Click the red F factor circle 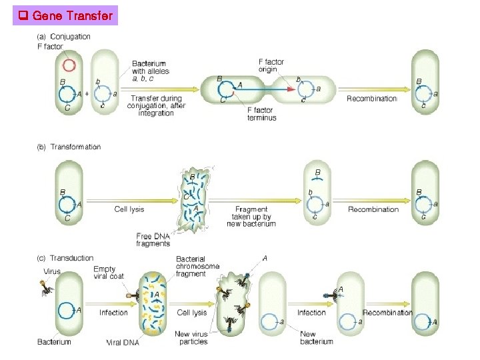pyautogui.click(x=69, y=65)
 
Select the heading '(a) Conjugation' pyautogui.click(x=64, y=37)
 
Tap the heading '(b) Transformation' pyautogui.click(x=69, y=147)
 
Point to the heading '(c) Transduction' pyautogui.click(x=65, y=258)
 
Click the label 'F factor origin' pyautogui.click(x=271, y=66)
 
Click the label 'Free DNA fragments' pyautogui.click(x=153, y=240)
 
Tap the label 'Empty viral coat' pyautogui.click(x=108, y=273)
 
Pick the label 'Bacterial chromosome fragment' pyautogui.click(x=197, y=267)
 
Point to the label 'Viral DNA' pyautogui.click(x=123, y=342)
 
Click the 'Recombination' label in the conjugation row pyautogui.click(x=371, y=99)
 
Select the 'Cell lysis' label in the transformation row pyautogui.click(x=129, y=209)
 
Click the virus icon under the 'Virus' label pyautogui.click(x=47, y=287)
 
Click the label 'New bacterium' pyautogui.click(x=317, y=337)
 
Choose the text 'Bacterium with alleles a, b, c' pyautogui.click(x=151, y=71)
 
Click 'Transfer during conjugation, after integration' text pyautogui.click(x=157, y=106)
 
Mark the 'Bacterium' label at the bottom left pyautogui.click(x=54, y=342)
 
